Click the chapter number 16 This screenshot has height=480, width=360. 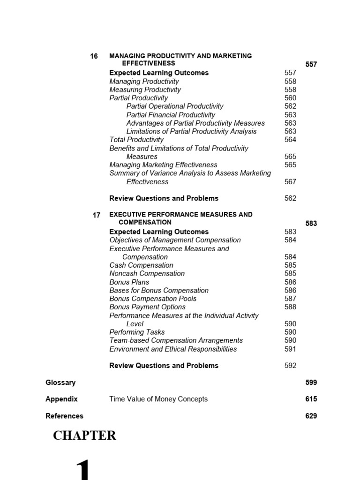click(94, 56)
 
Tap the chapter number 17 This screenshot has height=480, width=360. click(97, 216)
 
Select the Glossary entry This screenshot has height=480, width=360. click(60, 382)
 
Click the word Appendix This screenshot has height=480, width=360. click(61, 399)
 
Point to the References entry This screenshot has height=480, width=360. click(64, 416)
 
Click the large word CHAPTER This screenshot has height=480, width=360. click(84, 436)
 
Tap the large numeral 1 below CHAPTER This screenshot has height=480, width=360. click(82, 469)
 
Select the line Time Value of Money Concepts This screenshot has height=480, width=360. click(158, 399)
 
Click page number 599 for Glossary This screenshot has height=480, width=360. click(311, 382)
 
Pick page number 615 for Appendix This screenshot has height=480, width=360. click(311, 399)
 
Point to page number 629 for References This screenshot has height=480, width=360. click(311, 416)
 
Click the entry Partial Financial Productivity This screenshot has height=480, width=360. click(171, 115)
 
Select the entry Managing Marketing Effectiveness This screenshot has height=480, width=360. click(163, 165)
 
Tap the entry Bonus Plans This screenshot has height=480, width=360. click(129, 282)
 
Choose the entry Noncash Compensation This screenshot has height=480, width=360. click(147, 274)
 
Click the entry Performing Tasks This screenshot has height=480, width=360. click(137, 332)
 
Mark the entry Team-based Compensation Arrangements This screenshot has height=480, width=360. click(176, 341)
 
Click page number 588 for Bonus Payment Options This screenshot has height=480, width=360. click(291, 307)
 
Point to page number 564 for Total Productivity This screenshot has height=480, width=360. click(291, 140)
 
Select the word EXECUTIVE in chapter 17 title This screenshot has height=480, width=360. click(128, 215)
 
